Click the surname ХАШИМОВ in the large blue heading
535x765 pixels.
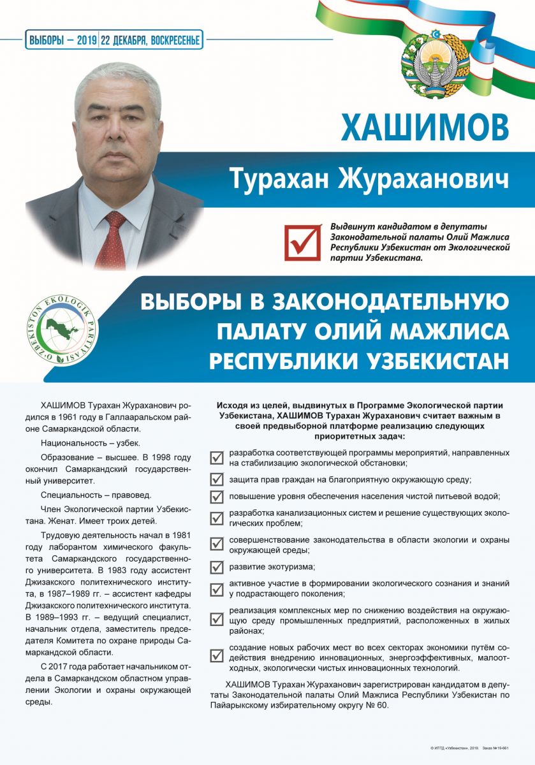click(425, 127)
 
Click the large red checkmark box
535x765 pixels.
click(302, 242)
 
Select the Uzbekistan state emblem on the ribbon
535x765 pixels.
click(429, 63)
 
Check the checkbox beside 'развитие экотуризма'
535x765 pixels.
click(217, 567)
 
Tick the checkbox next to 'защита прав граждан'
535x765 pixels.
click(217, 479)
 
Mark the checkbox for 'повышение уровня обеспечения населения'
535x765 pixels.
click(217, 496)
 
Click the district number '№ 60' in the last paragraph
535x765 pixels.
click(375, 706)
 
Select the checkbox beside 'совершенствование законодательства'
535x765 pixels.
click(217, 544)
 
